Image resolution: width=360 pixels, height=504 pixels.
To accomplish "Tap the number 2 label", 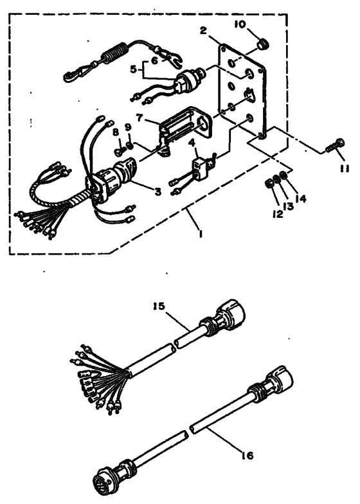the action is [x=203, y=31].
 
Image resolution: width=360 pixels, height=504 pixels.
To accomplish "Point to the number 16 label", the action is [x=247, y=455].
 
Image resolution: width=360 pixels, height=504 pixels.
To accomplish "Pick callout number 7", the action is [x=139, y=118].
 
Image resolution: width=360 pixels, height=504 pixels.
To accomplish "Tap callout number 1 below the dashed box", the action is [x=201, y=235].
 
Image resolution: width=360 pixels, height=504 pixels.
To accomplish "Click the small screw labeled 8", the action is [x=120, y=149].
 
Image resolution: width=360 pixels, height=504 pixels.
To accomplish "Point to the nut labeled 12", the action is [x=267, y=183].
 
